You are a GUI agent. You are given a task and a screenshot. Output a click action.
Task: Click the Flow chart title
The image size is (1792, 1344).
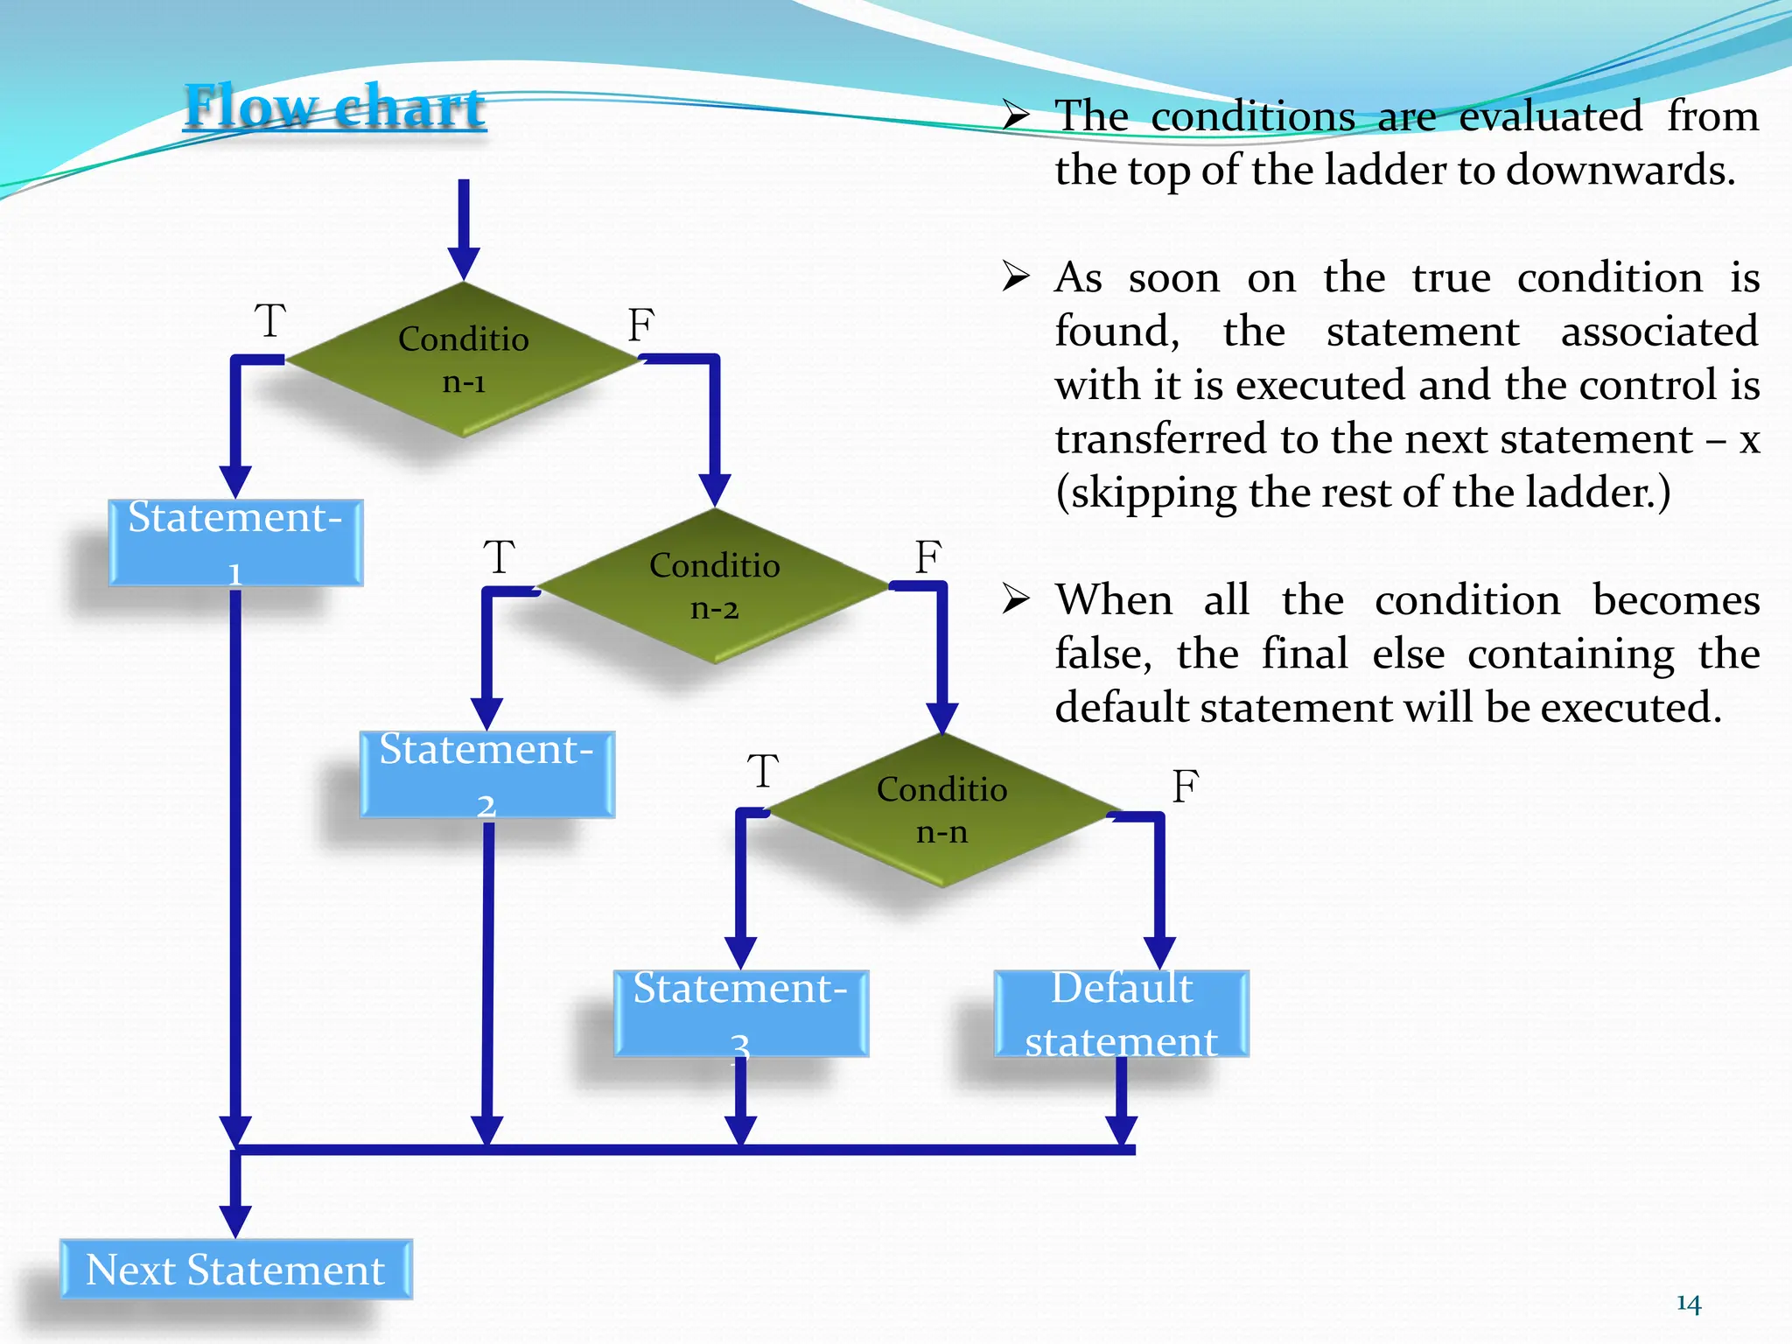(x=334, y=107)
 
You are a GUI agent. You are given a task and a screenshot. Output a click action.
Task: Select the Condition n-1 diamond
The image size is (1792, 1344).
(x=463, y=360)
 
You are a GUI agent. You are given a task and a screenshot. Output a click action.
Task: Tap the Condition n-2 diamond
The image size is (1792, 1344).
(x=714, y=585)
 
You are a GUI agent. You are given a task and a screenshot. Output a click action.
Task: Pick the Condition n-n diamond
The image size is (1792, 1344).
(x=941, y=810)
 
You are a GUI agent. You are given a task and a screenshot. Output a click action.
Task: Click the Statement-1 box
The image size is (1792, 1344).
(x=235, y=542)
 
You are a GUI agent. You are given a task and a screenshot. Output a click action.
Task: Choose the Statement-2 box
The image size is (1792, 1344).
(x=486, y=775)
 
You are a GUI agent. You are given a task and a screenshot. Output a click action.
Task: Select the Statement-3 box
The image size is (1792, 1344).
(x=740, y=1014)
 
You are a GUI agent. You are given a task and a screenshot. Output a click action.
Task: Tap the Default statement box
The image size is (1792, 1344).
(x=1121, y=1014)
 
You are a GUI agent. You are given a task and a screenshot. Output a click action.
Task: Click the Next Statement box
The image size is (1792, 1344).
(x=235, y=1270)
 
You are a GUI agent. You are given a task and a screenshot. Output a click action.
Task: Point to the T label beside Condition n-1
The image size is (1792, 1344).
(x=270, y=321)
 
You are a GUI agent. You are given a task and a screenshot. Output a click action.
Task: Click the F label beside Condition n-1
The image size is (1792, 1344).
(x=640, y=325)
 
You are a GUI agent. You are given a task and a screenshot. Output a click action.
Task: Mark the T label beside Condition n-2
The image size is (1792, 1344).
(x=500, y=557)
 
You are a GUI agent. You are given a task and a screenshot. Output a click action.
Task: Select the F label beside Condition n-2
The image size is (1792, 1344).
(x=928, y=557)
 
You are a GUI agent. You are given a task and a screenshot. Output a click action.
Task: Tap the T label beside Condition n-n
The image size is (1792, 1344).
(x=763, y=772)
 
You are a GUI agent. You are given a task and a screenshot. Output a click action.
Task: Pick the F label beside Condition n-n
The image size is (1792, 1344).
(x=1185, y=787)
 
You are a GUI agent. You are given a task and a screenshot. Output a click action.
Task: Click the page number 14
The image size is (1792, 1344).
(x=1689, y=1305)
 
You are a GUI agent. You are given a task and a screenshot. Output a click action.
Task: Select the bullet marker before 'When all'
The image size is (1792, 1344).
(x=1015, y=599)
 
